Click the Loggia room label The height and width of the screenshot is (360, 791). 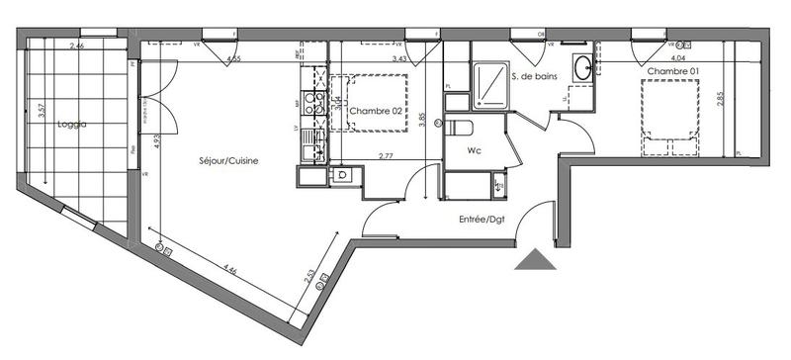73,125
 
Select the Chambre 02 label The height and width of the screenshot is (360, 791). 377,112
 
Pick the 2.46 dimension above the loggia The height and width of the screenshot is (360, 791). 76,46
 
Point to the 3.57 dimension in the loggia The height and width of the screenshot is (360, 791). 41,112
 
